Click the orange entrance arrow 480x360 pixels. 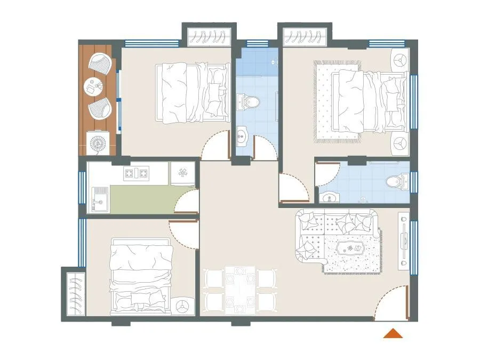[x=393, y=334]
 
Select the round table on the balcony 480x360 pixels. [x=94, y=86]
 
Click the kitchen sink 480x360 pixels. [x=99, y=198]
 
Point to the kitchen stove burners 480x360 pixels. [x=136, y=173]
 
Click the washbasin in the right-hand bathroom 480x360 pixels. [x=331, y=198]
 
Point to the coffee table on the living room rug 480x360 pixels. [x=353, y=250]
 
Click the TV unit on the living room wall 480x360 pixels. [x=404, y=238]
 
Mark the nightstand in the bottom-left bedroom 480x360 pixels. [x=183, y=306]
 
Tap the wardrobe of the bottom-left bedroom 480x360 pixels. [x=74, y=294]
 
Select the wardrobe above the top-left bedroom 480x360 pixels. [x=208, y=36]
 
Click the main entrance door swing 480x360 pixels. [x=392, y=304]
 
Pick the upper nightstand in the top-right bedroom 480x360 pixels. [x=400, y=60]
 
